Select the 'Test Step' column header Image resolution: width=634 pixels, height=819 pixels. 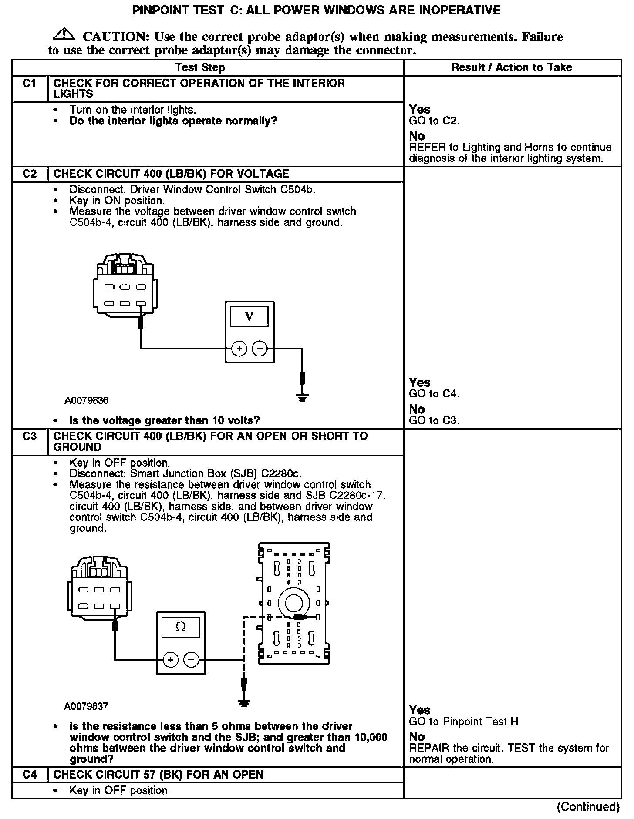coord(200,67)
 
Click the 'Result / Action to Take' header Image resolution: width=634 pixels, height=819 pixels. coord(511,67)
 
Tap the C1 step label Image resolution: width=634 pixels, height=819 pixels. coord(29,84)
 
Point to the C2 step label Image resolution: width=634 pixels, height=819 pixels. coord(29,174)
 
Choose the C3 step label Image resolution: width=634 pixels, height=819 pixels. coord(29,436)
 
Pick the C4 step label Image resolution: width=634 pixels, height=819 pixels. coord(29,775)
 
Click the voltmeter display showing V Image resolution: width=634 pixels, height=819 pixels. coord(249,316)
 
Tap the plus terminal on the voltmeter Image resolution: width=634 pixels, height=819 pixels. coord(239,349)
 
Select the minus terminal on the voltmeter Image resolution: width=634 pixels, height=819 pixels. coord(260,349)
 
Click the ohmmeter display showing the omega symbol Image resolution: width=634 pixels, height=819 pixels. coord(180,627)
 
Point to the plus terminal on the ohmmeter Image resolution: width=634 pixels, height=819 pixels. coord(170,660)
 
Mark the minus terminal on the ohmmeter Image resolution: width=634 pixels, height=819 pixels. coord(192,660)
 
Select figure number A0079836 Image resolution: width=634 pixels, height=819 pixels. coord(87,400)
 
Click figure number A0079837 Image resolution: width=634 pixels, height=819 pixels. coord(86,706)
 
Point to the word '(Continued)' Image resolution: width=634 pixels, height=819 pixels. coord(588,806)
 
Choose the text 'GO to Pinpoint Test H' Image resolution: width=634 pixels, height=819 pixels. coord(463,722)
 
